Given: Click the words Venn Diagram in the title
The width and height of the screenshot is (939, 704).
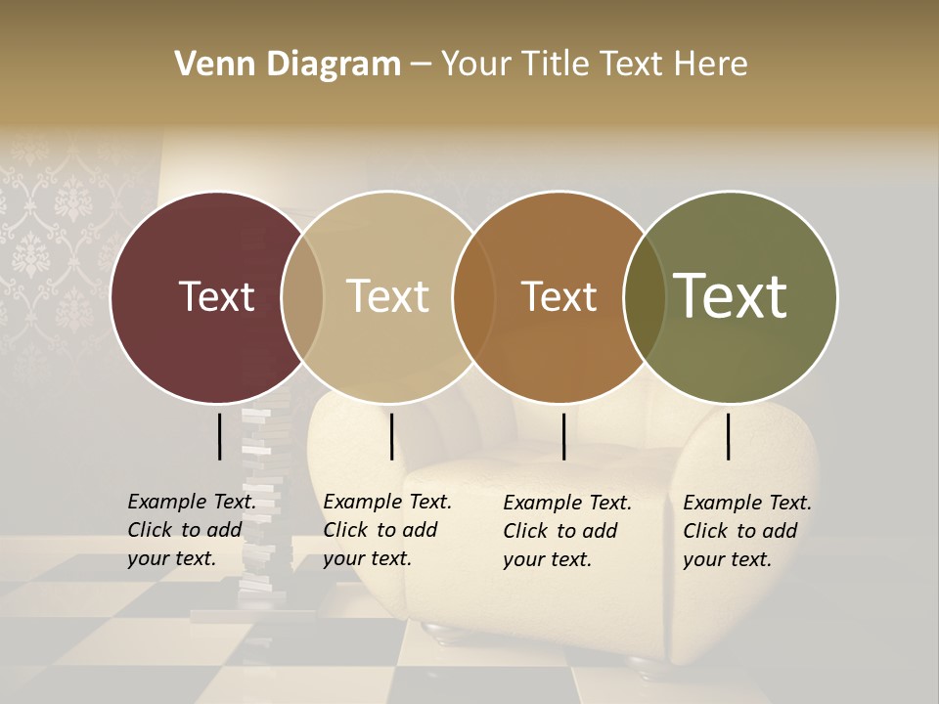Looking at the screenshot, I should click(x=288, y=65).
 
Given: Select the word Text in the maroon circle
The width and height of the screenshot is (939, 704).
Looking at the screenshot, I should click(x=216, y=297).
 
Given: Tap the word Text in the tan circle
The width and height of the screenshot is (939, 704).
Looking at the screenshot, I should click(x=387, y=297).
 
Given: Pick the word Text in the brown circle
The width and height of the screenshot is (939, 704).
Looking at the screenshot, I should click(x=559, y=297).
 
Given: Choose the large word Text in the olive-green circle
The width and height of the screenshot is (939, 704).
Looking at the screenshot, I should click(x=730, y=295).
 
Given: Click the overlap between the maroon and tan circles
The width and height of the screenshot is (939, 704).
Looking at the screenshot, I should click(x=302, y=297).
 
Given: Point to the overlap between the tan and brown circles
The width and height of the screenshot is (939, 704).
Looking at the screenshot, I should click(x=473, y=297).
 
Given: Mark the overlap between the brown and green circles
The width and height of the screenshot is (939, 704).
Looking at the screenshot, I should click(x=644, y=297).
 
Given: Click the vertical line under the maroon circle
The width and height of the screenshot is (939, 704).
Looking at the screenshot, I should click(x=220, y=436).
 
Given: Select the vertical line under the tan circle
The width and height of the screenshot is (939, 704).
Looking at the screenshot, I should click(x=391, y=436).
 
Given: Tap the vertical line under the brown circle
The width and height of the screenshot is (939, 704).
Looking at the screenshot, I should click(x=563, y=436).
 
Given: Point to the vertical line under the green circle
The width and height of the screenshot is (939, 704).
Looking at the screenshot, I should click(x=728, y=436).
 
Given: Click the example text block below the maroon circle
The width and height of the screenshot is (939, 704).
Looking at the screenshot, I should click(x=192, y=530).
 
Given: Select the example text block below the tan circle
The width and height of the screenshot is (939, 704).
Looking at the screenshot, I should click(x=387, y=530).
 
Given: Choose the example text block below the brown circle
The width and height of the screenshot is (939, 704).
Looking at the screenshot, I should click(x=567, y=531).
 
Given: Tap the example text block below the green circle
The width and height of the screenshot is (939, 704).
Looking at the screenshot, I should click(x=747, y=531).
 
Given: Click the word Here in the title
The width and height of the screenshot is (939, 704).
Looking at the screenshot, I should click(x=711, y=65).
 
